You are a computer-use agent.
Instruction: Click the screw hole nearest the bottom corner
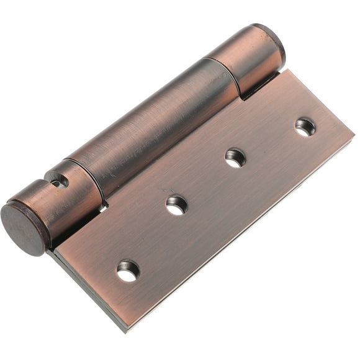(x=128, y=270)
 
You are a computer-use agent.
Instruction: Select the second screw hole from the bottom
(x=176, y=204)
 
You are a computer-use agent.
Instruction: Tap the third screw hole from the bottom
(x=235, y=157)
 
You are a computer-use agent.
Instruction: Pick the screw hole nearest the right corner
(x=305, y=127)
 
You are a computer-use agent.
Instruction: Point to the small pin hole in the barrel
(x=58, y=182)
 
